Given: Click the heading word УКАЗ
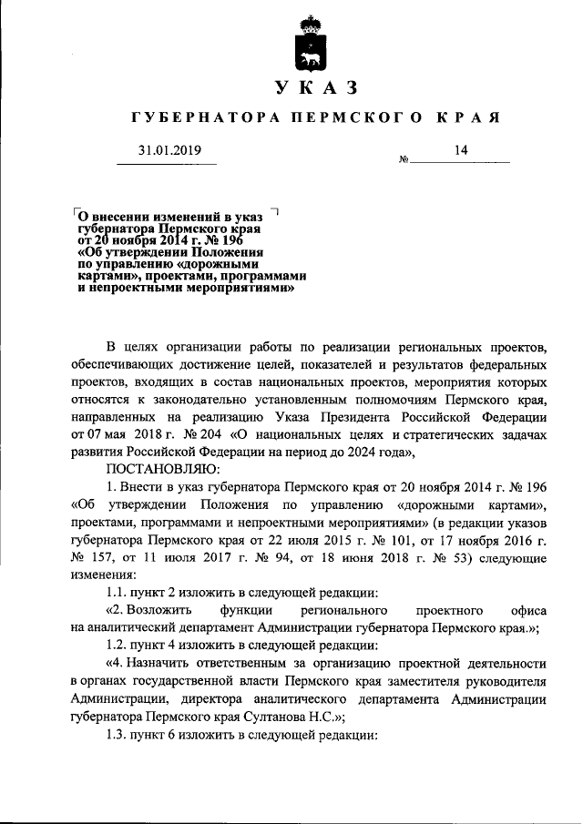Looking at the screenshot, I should (313, 88).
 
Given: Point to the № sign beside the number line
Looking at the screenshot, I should (404, 161).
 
